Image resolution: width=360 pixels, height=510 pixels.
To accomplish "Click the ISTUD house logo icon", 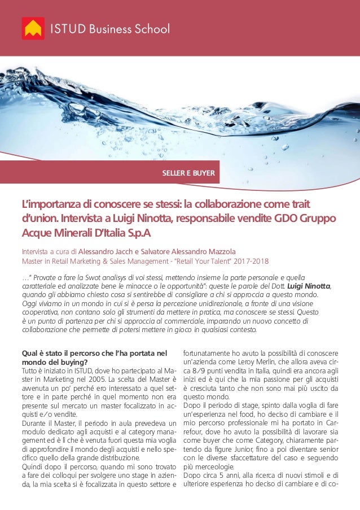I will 33,28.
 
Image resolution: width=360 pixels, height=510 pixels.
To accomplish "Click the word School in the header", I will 149,29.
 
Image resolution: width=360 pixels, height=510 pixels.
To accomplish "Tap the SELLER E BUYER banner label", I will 188,173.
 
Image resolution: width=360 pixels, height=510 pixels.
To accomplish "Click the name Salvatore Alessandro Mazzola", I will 192,251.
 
